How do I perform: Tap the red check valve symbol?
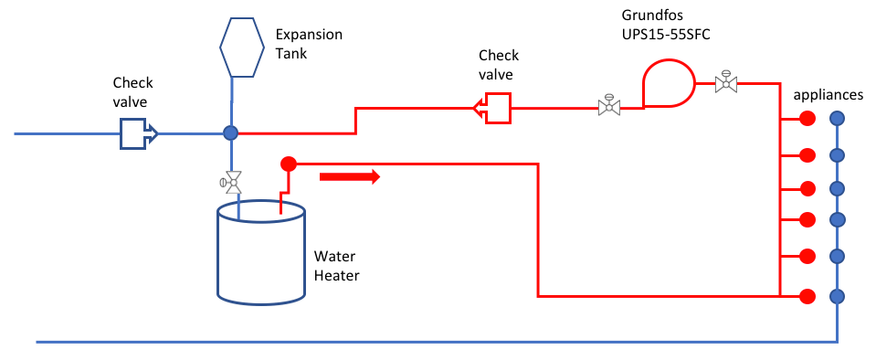pyautogui.click(x=492, y=108)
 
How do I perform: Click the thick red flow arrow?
pyautogui.click(x=349, y=176)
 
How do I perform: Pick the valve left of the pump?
pyautogui.click(x=607, y=105)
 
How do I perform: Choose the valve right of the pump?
pyautogui.click(x=726, y=82)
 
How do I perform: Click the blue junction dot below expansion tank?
pyautogui.click(x=230, y=133)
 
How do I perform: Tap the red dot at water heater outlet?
pyautogui.click(x=288, y=164)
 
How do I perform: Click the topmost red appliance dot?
pyautogui.click(x=807, y=118)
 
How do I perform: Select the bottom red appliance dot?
pyautogui.click(x=807, y=296)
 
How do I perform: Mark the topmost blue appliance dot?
pyautogui.click(x=837, y=118)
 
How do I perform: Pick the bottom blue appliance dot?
pyautogui.click(x=837, y=296)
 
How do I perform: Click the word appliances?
pyautogui.click(x=828, y=94)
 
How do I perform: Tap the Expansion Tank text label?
pyautogui.click(x=309, y=43)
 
